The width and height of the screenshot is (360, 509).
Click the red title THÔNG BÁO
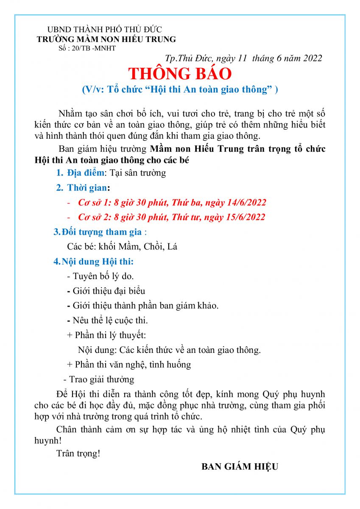(x=180, y=74)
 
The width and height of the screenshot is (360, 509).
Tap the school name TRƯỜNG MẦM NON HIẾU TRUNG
(x=106, y=39)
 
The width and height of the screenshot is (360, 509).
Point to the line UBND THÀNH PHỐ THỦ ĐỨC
(x=104, y=30)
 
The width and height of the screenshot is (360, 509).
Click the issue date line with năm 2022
(x=243, y=59)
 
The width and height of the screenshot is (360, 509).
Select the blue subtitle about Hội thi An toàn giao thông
(x=180, y=89)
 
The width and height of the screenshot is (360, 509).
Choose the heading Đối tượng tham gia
(x=102, y=232)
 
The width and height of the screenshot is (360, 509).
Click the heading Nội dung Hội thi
(x=98, y=261)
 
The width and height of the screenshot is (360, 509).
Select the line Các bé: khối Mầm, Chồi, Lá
(x=122, y=247)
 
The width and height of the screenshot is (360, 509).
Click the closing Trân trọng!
(x=78, y=453)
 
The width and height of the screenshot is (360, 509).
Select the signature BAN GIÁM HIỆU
(x=240, y=467)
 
